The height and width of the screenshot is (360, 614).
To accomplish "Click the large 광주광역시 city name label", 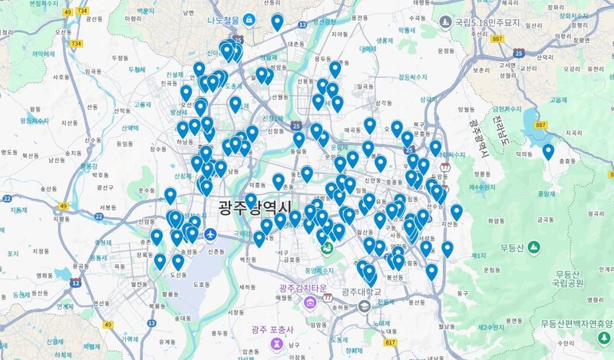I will click(x=254, y=207).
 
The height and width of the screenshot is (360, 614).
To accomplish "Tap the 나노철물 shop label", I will click(x=228, y=20).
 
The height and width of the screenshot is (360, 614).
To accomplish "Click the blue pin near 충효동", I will click(x=548, y=150).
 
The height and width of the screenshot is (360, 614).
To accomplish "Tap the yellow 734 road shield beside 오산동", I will click(x=76, y=44).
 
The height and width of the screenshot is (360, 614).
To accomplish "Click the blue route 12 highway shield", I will click(x=75, y=282).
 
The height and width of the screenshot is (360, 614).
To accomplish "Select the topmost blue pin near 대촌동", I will click(x=277, y=21).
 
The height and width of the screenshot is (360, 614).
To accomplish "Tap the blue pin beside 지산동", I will click(x=457, y=211).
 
